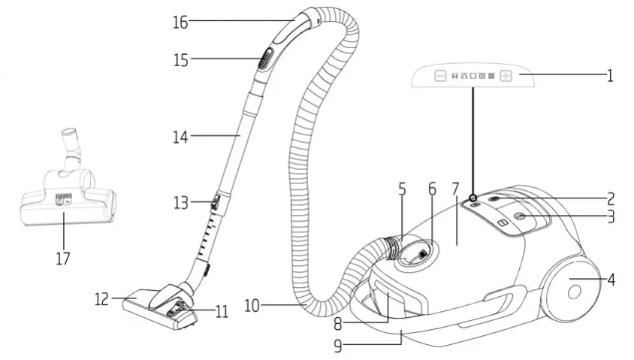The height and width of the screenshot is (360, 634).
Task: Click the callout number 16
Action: (x=180, y=23)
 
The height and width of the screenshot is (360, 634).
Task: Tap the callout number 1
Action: (x=610, y=76)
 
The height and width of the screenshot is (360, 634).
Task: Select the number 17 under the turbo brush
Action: (x=62, y=259)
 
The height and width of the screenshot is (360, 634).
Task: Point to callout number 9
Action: (x=338, y=346)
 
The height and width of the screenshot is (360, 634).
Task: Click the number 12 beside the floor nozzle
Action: (x=101, y=299)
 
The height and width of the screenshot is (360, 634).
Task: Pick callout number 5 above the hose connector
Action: (x=401, y=189)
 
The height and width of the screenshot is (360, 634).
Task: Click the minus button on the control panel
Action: (x=440, y=76)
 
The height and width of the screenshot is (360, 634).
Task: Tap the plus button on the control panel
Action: (x=506, y=76)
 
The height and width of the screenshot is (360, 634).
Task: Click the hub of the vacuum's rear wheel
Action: (x=574, y=292)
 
